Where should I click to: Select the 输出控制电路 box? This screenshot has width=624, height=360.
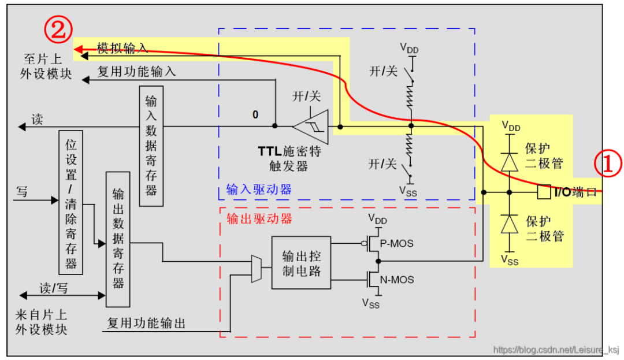tap(301, 263)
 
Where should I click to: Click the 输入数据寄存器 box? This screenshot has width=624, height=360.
tap(151, 146)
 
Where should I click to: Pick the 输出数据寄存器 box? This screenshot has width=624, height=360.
tap(118, 239)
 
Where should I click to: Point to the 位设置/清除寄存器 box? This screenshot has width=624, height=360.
tap(71, 202)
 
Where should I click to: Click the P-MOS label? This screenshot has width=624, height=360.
tap(396, 244)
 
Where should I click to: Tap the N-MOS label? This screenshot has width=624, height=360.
tap(397, 280)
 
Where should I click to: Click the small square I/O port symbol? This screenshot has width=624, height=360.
tap(543, 192)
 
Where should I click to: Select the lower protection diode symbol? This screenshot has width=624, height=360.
tap(509, 223)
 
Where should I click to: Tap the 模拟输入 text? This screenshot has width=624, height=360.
tap(122, 49)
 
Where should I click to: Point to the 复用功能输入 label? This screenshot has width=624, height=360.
tap(136, 72)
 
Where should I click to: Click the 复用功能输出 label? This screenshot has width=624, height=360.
tap(147, 323)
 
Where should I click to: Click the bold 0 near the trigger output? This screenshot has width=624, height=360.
tap(255, 115)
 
